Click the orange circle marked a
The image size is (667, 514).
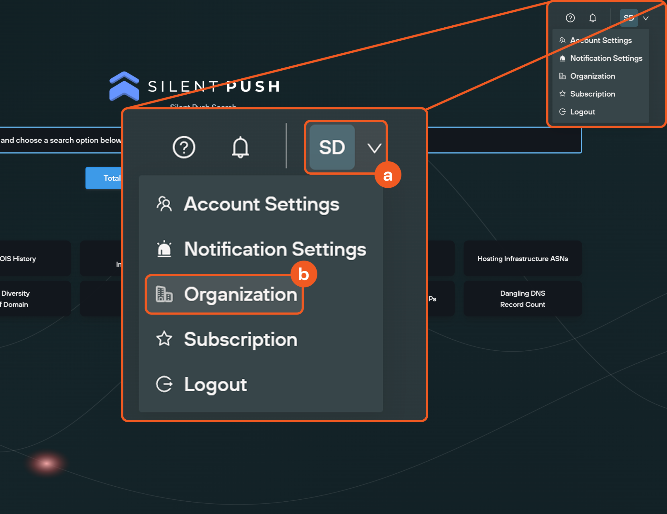click(x=388, y=175)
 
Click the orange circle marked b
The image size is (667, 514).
click(x=304, y=274)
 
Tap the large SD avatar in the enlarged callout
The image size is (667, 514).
click(x=332, y=147)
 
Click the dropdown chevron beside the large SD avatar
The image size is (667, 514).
click(x=374, y=148)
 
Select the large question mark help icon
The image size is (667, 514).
click(x=184, y=147)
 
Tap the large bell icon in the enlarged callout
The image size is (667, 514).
click(x=240, y=147)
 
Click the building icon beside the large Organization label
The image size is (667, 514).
click(x=164, y=294)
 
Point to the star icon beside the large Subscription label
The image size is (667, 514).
click(x=164, y=339)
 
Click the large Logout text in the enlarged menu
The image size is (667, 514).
click(x=215, y=385)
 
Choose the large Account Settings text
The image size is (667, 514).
click(x=262, y=204)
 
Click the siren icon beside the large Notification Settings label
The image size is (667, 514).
click(x=164, y=249)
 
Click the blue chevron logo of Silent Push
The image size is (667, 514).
click(x=124, y=86)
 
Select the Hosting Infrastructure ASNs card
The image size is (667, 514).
click(x=522, y=259)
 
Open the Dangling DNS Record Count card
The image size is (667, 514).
click(x=522, y=299)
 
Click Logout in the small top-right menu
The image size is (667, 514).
click(x=582, y=112)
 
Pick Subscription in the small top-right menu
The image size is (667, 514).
click(x=592, y=94)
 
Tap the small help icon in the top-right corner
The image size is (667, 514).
click(x=570, y=18)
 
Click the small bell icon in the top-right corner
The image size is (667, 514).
click(x=592, y=18)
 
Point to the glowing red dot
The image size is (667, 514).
click(x=46, y=463)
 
